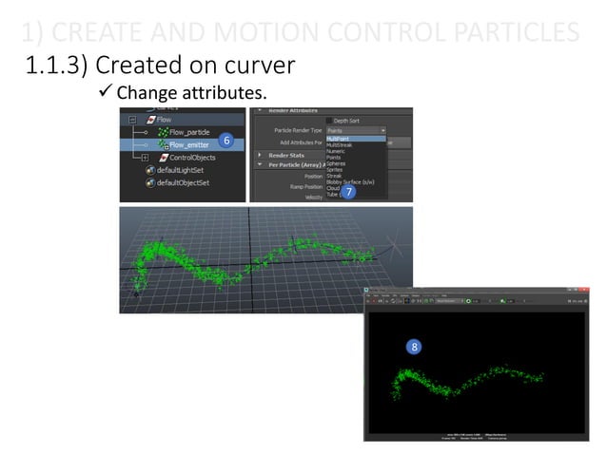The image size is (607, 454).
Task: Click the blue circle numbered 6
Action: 225,140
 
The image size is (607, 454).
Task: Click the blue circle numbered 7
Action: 349,192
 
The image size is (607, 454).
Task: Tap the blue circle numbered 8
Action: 414,347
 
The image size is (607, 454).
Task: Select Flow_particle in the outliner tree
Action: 189,132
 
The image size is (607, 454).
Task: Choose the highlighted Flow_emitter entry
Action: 189,144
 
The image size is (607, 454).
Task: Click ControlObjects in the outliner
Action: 194,157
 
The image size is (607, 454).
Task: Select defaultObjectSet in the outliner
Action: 183,181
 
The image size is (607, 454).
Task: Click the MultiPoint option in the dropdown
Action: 339,139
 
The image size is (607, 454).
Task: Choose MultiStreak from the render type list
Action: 340,144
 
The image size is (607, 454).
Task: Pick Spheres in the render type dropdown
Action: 336,162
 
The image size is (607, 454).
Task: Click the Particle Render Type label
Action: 298,129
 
